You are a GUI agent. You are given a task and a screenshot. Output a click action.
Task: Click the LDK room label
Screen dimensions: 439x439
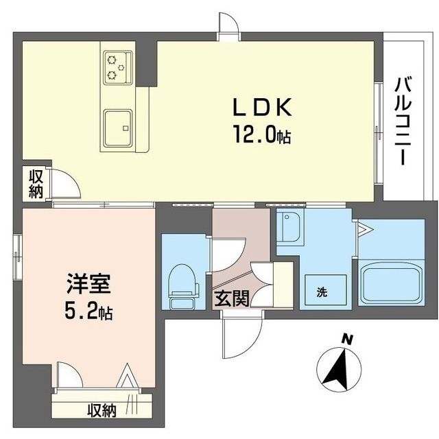click(x=263, y=107)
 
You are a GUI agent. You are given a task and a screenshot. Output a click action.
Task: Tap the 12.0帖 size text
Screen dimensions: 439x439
click(x=262, y=135)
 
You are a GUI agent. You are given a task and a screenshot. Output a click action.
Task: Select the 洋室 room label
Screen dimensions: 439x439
click(x=88, y=284)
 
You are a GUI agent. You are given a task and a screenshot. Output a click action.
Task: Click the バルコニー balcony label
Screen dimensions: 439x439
click(x=403, y=122)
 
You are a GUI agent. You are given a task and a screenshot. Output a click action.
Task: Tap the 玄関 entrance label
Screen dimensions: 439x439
click(x=232, y=299)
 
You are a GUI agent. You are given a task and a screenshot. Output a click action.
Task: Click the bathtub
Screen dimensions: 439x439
click(x=392, y=285)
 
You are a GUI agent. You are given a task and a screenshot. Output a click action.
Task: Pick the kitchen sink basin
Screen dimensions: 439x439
click(x=118, y=128)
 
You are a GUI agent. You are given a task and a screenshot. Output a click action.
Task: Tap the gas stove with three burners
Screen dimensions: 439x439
click(x=117, y=67)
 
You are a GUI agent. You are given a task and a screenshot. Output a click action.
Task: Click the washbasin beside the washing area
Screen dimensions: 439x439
click(x=290, y=228)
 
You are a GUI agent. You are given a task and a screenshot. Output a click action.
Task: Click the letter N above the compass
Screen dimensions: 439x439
click(x=347, y=340)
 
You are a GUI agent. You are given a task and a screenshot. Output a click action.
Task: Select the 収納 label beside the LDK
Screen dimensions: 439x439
click(x=36, y=185)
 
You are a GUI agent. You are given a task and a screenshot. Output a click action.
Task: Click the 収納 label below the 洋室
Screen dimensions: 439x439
click(x=102, y=411)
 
